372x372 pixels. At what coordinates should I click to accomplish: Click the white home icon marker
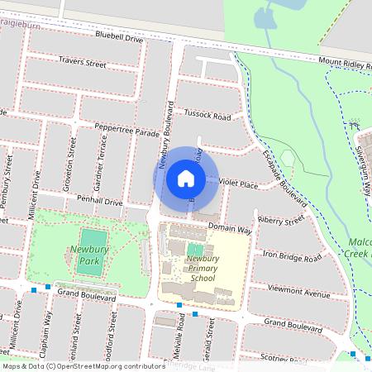[x=186, y=178]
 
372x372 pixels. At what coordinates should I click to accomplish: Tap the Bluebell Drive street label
[x=119, y=37]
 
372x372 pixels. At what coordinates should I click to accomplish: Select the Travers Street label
[x=83, y=62]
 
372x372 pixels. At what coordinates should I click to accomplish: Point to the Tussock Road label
[x=207, y=116]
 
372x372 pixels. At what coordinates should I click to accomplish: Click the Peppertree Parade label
[x=126, y=131]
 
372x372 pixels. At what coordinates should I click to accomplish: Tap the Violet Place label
[x=238, y=186]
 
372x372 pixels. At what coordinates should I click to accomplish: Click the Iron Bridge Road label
[x=292, y=258]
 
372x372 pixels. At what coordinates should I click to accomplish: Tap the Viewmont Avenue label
[x=299, y=293]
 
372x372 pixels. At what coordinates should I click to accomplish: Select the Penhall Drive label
[x=99, y=201]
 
